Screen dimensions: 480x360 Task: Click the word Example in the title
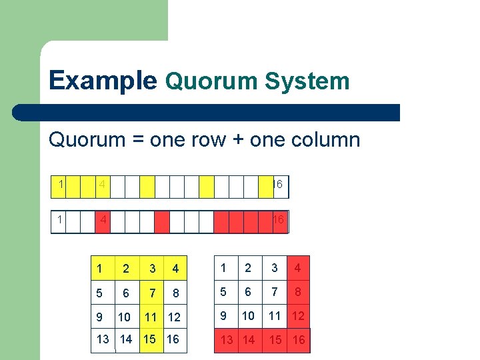(x=103, y=81)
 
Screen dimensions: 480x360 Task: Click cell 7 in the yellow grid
(x=153, y=293)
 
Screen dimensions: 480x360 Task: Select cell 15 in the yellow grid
(x=149, y=339)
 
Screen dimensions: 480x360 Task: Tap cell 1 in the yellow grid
(x=99, y=269)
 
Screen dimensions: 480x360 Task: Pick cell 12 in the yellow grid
(x=173, y=317)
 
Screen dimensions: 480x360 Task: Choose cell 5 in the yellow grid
(x=99, y=293)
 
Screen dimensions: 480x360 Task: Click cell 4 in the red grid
(x=298, y=269)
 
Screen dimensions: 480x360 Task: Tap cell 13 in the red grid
(x=227, y=339)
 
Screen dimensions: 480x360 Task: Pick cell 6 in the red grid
(x=249, y=291)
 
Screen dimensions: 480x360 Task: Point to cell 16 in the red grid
(x=299, y=339)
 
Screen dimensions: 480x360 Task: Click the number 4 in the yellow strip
(x=101, y=183)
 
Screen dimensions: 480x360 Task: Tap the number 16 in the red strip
(x=279, y=220)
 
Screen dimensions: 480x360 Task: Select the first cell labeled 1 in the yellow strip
(x=60, y=183)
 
